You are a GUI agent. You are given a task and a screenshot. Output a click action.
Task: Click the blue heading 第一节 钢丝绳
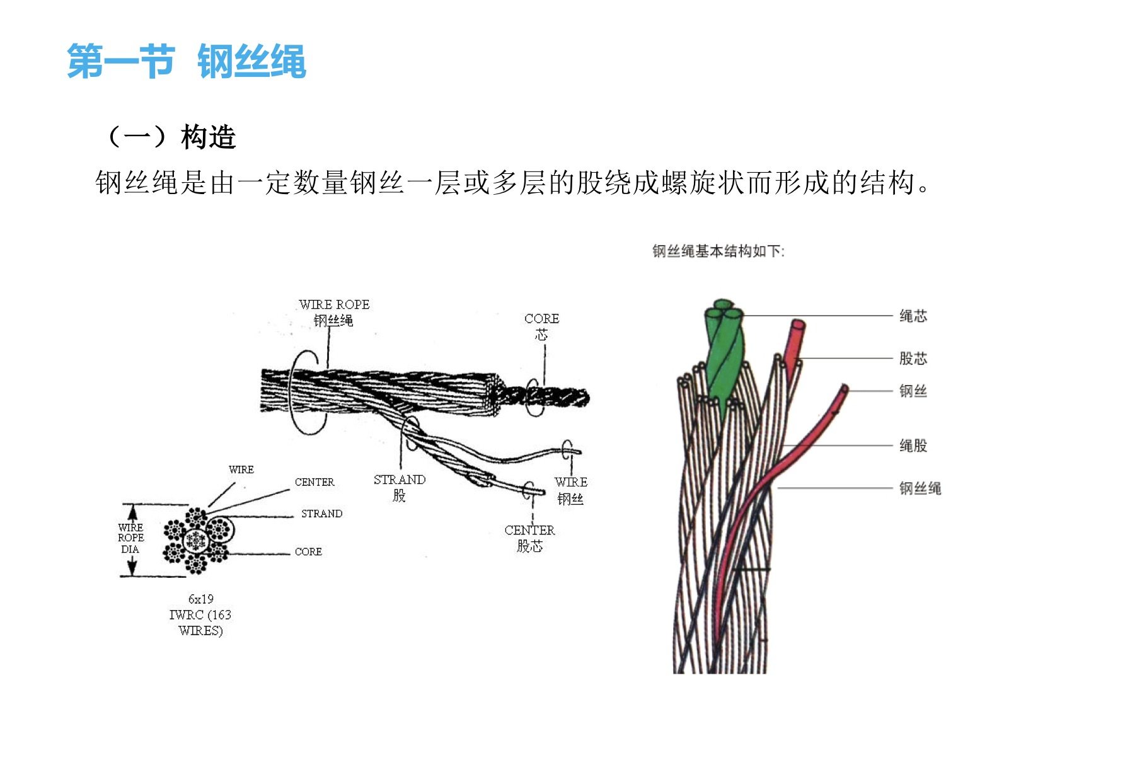coord(187,62)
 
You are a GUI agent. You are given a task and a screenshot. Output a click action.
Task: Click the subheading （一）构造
coord(172,137)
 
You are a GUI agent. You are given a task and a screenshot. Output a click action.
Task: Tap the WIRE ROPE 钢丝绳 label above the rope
coord(334,313)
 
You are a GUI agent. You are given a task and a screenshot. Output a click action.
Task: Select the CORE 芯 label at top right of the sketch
coord(542,326)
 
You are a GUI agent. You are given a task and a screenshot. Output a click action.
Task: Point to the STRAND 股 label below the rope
coord(400,488)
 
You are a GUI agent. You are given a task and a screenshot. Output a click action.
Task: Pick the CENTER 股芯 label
coord(530,538)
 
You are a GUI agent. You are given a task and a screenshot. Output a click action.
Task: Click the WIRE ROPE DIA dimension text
coord(130,538)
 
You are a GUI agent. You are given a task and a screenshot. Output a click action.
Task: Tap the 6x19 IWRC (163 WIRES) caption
coord(200,614)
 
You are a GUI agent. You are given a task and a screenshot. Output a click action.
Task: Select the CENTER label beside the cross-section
coord(314,482)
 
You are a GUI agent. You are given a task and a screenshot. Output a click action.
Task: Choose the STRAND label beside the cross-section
coord(322,514)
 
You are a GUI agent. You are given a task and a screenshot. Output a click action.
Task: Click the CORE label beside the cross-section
coord(308,551)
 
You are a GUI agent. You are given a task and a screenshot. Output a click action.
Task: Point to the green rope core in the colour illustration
coord(725,353)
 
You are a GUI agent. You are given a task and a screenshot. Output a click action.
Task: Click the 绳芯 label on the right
coord(913,316)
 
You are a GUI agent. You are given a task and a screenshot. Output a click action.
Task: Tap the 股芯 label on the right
coord(913,359)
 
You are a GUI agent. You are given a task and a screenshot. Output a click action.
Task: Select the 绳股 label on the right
coord(913,446)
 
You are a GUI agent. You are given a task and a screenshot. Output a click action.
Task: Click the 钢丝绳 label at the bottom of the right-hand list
coord(920,488)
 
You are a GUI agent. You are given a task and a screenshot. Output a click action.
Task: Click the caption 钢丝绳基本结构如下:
coord(718,251)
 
